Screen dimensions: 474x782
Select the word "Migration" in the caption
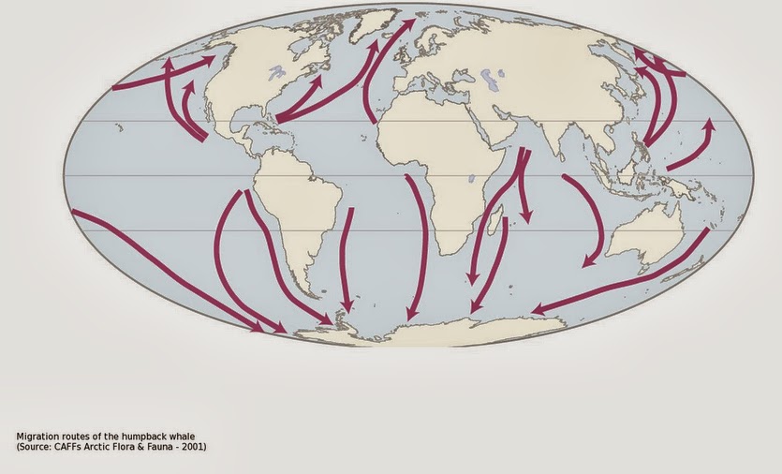38,437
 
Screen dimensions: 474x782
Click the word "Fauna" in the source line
155,446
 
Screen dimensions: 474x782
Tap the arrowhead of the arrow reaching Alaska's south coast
209,60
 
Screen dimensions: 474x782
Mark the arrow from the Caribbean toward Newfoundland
300,98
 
